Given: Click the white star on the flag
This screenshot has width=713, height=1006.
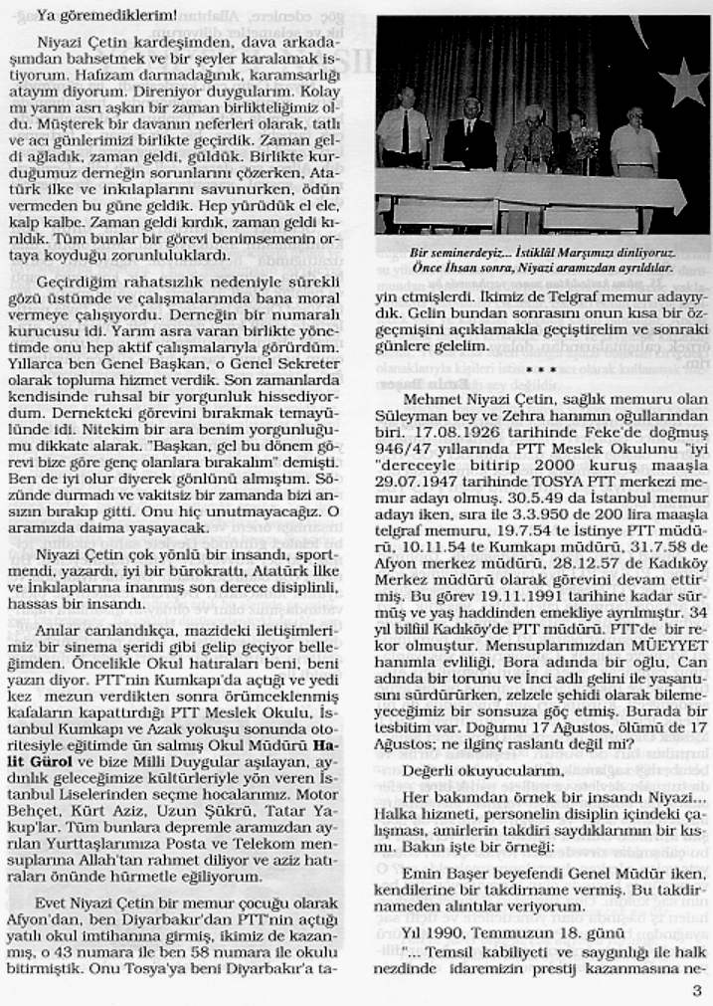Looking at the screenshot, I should click(685, 82).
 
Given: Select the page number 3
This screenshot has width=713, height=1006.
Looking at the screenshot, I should click(696, 990).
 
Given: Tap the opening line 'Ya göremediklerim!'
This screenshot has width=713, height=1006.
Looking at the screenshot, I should click(93, 15).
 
